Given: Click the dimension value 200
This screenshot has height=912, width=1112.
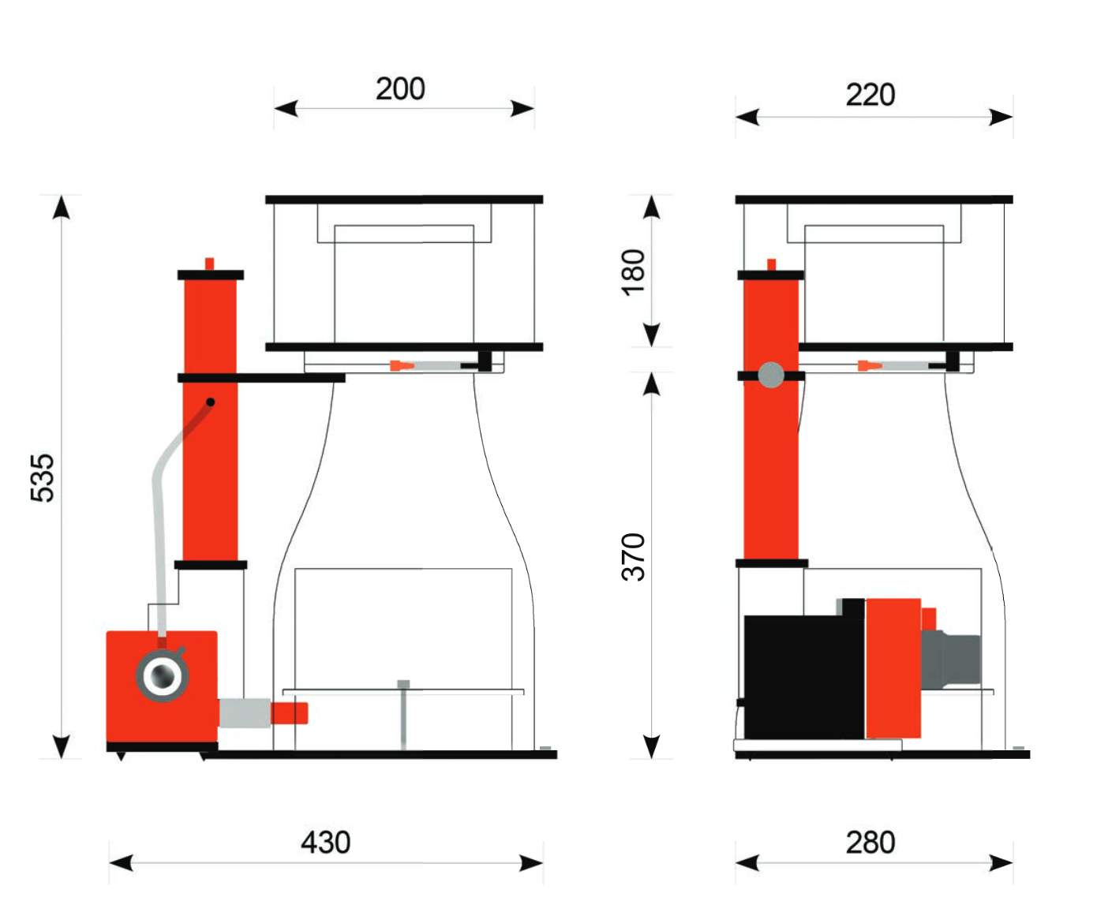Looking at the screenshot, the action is pyautogui.click(x=399, y=88).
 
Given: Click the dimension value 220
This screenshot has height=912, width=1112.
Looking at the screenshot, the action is pyautogui.click(x=870, y=95).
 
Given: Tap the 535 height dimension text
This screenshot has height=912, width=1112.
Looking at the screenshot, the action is pyautogui.click(x=42, y=477).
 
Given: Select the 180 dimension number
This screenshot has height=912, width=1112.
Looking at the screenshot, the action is pyautogui.click(x=633, y=272).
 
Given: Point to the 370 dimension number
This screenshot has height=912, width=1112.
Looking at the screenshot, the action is pyautogui.click(x=633, y=557).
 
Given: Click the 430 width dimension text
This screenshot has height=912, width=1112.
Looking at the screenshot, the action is pyautogui.click(x=325, y=843).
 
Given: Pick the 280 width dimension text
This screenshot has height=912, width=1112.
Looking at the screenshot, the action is pyautogui.click(x=870, y=843).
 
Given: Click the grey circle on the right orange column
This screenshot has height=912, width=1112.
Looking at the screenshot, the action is pyautogui.click(x=770, y=375).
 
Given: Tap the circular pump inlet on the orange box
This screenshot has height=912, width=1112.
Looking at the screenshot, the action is pyautogui.click(x=162, y=675).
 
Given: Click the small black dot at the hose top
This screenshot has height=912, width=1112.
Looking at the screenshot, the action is pyautogui.click(x=210, y=402).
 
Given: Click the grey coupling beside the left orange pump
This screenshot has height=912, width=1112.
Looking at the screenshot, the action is pyautogui.click(x=244, y=712).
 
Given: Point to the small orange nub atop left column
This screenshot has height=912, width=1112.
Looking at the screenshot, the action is pyautogui.click(x=209, y=264).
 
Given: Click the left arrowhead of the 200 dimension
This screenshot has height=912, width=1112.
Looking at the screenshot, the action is pyautogui.click(x=286, y=109).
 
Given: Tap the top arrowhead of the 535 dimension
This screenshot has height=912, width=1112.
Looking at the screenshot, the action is pyautogui.click(x=61, y=207).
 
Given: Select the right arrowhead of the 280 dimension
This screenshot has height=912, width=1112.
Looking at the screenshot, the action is pyautogui.click(x=1000, y=863).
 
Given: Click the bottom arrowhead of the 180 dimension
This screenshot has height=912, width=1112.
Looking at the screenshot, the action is pyautogui.click(x=651, y=335).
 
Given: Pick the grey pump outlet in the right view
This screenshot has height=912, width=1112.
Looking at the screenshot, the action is pyautogui.click(x=951, y=660).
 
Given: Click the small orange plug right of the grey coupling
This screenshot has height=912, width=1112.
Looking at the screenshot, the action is pyautogui.click(x=289, y=712).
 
